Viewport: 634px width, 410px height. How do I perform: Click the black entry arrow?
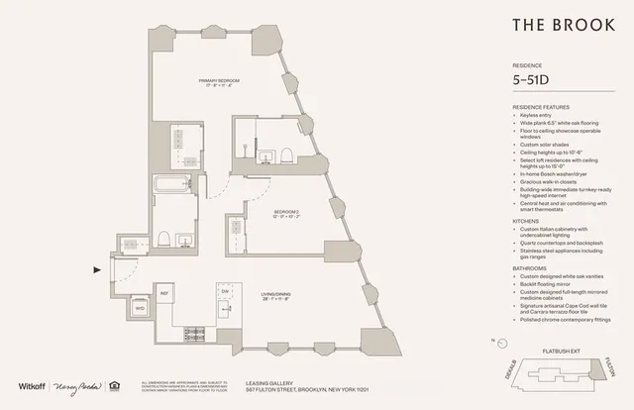96,267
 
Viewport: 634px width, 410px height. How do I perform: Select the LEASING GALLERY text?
268,380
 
